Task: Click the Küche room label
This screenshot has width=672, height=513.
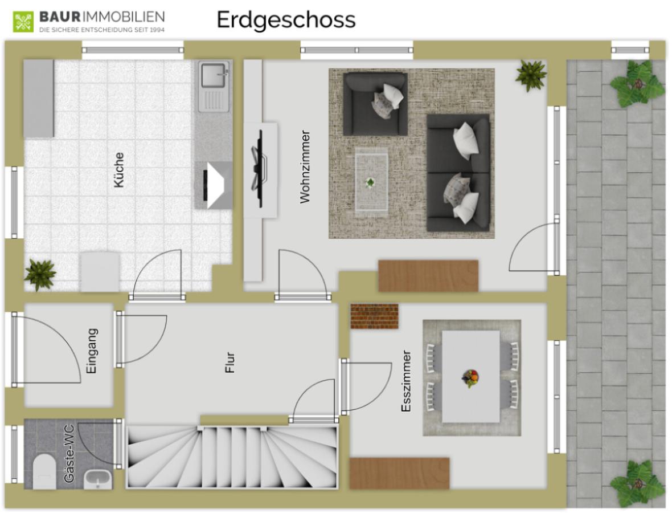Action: pyautogui.click(x=118, y=170)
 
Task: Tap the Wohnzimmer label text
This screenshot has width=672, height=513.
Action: pyautogui.click(x=305, y=167)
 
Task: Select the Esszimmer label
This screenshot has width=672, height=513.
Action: pyautogui.click(x=406, y=381)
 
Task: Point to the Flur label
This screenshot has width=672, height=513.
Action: pyautogui.click(x=230, y=363)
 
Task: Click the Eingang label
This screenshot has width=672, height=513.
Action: pyautogui.click(x=92, y=351)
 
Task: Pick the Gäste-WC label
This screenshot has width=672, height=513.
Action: pyautogui.click(x=69, y=454)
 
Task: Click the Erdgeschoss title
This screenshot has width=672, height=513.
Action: pyautogui.click(x=286, y=20)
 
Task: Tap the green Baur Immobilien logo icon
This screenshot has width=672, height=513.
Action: pyautogui.click(x=23, y=22)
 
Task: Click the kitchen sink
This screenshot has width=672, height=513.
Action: pyautogui.click(x=214, y=86)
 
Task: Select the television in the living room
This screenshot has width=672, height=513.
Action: pyautogui.click(x=259, y=169)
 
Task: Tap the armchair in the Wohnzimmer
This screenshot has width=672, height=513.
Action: pyautogui.click(x=375, y=104)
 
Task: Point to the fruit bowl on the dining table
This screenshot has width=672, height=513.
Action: pyautogui.click(x=470, y=378)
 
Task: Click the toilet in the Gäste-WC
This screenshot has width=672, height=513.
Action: pyautogui.click(x=44, y=471)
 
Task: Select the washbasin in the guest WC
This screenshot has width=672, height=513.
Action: pyautogui.click(x=98, y=479)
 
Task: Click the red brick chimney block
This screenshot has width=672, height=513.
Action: pyautogui.click(x=374, y=316)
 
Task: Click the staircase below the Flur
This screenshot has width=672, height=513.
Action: pyautogui.click(x=232, y=457)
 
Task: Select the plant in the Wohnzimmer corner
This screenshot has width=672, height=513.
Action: pyautogui.click(x=531, y=75)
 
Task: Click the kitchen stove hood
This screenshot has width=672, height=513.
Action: pyautogui.click(x=214, y=185)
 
